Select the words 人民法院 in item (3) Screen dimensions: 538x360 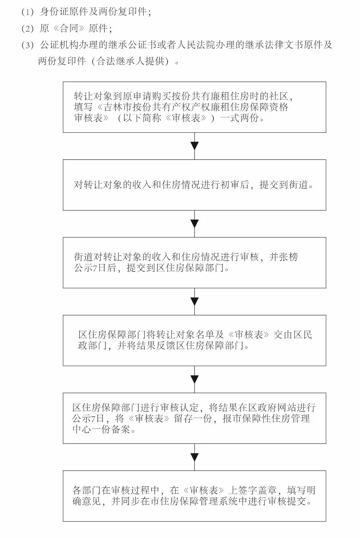(196, 45)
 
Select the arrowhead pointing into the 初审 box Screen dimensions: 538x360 (195, 146)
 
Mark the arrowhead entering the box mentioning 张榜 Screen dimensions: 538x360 (195, 224)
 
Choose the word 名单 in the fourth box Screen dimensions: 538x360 (206, 334)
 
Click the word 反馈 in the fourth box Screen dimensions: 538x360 (166, 345)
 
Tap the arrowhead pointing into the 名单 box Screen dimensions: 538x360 (195, 301)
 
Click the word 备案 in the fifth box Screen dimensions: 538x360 (121, 429)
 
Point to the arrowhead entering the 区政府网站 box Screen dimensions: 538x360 (195, 379)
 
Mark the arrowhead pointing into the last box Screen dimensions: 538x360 (195, 457)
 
